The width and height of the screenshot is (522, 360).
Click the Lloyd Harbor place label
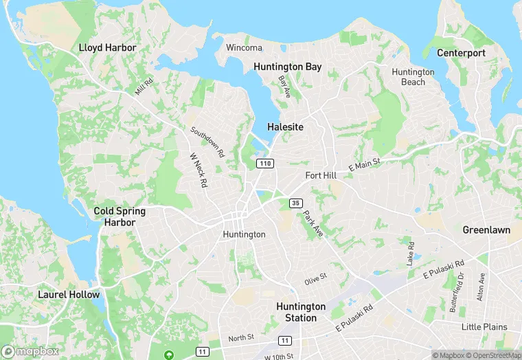[108, 48]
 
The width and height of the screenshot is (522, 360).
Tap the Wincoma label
[244, 47]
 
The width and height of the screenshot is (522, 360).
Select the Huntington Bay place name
[287, 67]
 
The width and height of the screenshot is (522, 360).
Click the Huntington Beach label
[413, 77]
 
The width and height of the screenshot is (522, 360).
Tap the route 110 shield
[265, 164]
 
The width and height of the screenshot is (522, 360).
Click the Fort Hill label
[321, 176]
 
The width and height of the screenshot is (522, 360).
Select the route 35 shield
[295, 203]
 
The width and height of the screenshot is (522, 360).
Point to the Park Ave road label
[313, 224]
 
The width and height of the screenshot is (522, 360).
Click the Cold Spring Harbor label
[115, 217]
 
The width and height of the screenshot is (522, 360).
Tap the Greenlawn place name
[486, 230]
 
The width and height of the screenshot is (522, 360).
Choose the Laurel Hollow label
[69, 295]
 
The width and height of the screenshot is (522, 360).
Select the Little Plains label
[484, 326]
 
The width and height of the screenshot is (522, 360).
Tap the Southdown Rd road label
[207, 142]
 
